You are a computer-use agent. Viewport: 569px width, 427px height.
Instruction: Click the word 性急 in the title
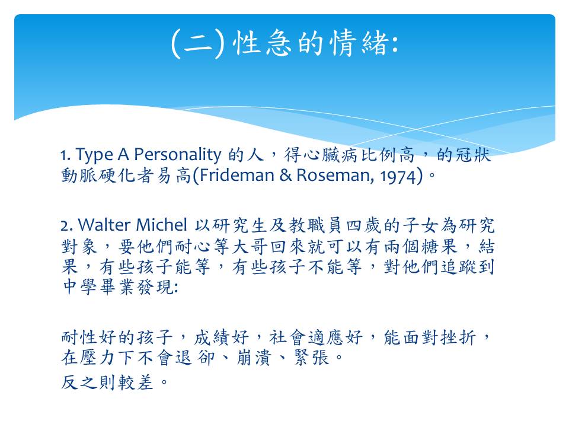pyautogui.click(x=261, y=43)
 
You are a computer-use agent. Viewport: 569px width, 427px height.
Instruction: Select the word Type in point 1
pyautogui.click(x=94, y=155)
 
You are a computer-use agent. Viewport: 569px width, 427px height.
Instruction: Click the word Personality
pyautogui.click(x=177, y=155)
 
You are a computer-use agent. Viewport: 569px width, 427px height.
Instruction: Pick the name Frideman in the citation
pyautogui.click(x=236, y=176)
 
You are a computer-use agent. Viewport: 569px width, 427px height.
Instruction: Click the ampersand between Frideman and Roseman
pyautogui.click(x=285, y=176)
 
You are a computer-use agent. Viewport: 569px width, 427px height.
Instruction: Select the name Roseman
pyautogui.click(x=333, y=176)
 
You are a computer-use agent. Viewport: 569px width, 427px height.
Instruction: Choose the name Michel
pyautogui.click(x=161, y=225)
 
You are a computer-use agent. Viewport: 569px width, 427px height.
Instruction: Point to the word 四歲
pyautogui.click(x=363, y=225)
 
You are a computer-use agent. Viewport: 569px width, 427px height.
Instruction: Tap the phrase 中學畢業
pyautogui.click(x=99, y=287)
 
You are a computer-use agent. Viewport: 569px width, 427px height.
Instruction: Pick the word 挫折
pyautogui.click(x=458, y=337)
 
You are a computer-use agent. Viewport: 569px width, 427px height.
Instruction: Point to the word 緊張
pyautogui.click(x=311, y=358)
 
